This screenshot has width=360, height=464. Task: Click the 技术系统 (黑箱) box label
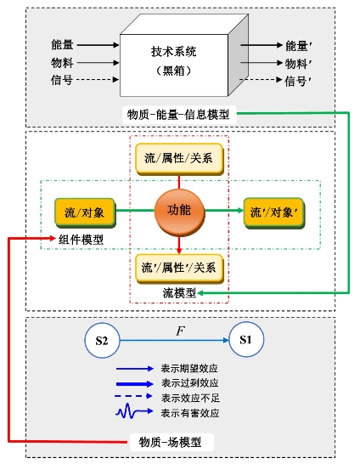point(174,61)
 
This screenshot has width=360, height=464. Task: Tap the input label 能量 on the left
point(62,45)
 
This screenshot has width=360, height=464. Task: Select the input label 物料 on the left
point(62,62)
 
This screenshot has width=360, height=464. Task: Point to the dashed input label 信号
point(62,80)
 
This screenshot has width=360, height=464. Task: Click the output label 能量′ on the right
point(299,46)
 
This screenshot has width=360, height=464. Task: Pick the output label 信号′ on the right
point(298,81)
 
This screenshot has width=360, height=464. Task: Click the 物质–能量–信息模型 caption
point(178,115)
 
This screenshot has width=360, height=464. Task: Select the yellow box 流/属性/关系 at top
point(179,159)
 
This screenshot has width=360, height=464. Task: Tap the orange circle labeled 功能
point(179,212)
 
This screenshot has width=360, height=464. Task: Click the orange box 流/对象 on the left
point(85,213)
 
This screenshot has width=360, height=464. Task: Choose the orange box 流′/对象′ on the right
point(273,213)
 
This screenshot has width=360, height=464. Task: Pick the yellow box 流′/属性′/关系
point(179,269)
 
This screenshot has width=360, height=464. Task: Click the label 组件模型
point(81,240)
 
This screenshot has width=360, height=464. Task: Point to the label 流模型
point(179,293)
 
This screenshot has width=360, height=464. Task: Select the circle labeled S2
point(102,340)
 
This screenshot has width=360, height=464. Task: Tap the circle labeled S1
point(246,340)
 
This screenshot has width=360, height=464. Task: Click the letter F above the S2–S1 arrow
point(180,331)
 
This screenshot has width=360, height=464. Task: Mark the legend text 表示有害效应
point(190,413)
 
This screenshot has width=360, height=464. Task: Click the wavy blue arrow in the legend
point(134,411)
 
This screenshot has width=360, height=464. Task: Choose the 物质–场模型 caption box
point(172,443)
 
